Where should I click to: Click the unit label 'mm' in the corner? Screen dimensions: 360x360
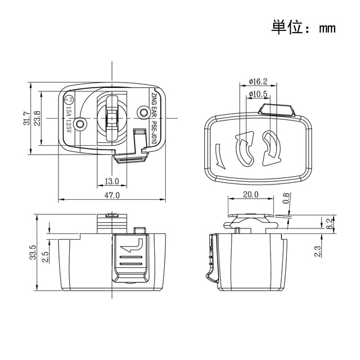(x=327, y=28)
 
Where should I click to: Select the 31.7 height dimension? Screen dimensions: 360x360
(x=26, y=118)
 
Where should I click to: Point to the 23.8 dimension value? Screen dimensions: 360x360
(x=37, y=118)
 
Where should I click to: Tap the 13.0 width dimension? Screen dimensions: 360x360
(x=112, y=181)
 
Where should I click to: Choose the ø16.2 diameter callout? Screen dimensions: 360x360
(x=258, y=81)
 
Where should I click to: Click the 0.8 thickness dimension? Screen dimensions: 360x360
(x=286, y=198)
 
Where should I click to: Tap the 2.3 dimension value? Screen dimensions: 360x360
(x=318, y=249)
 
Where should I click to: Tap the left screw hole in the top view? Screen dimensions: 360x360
(x=82, y=123)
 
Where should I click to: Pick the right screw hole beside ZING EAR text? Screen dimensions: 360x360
(x=142, y=112)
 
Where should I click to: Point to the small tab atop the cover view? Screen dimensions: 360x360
(x=276, y=109)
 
